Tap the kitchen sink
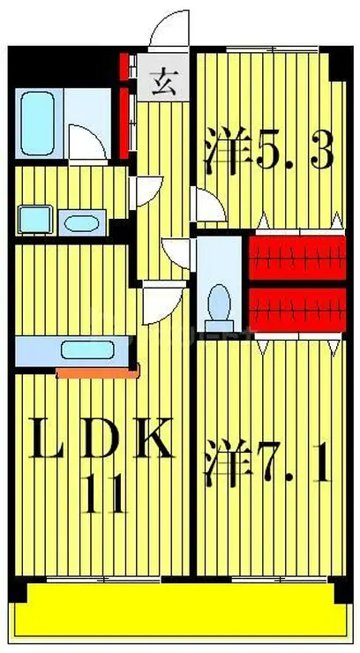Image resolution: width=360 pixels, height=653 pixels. [x=89, y=351]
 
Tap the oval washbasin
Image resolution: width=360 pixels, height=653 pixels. [x=81, y=221]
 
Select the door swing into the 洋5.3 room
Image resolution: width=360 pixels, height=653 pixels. [x=208, y=206]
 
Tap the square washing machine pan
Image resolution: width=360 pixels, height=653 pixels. [x=33, y=218]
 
